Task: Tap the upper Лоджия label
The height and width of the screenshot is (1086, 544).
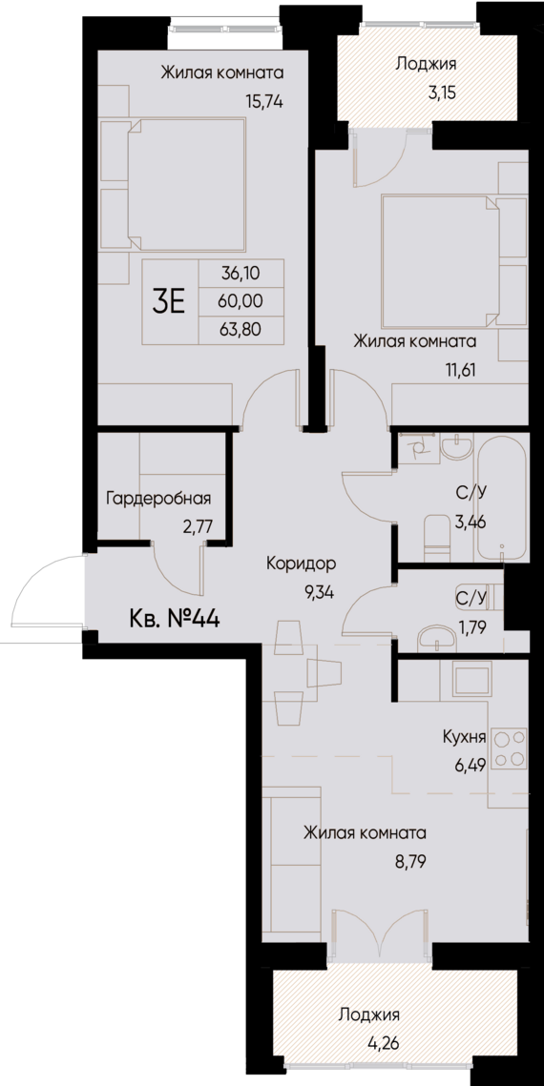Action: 426,65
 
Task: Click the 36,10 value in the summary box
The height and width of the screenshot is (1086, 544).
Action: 240,274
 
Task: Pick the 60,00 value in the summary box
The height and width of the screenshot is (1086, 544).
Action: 240,302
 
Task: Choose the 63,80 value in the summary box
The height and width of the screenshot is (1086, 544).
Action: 240,331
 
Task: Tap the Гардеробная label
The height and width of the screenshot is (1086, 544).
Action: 158,498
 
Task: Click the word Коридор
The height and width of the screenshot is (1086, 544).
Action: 302,563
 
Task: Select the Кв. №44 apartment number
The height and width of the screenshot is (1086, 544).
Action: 175,619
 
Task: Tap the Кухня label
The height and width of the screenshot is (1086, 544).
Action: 465,736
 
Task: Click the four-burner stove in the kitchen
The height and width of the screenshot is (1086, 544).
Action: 511,747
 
